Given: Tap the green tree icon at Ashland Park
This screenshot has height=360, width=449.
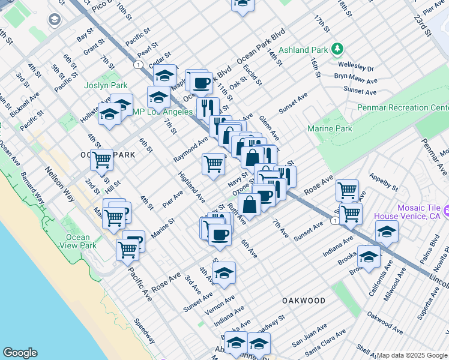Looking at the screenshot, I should [338, 49].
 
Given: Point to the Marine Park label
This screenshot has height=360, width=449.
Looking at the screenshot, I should [330, 128].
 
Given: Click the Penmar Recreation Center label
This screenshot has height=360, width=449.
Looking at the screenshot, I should [402, 107].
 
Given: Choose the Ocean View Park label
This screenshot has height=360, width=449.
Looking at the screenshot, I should [81, 241].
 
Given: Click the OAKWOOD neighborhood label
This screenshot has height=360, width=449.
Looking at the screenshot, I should [304, 300].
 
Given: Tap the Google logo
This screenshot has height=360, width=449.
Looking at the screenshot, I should [20, 353].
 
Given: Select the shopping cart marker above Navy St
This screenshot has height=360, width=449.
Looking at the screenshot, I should [214, 164].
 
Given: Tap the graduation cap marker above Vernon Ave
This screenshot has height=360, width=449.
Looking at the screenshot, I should [224, 272].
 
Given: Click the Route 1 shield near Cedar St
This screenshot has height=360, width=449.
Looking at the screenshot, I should [139, 64].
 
